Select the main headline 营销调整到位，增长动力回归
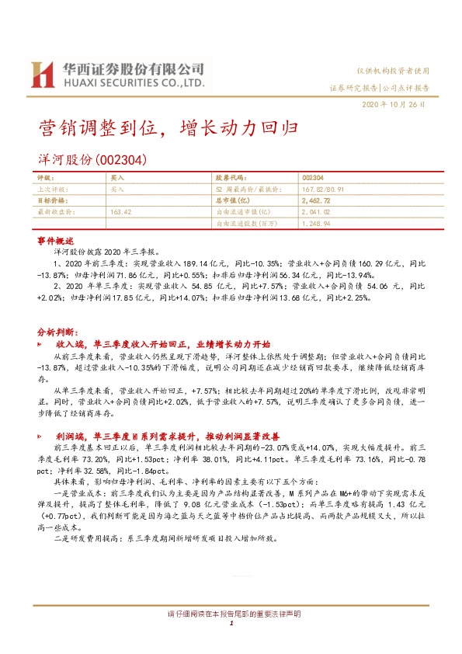pyautogui.click(x=168, y=126)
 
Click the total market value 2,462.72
pyautogui.click(x=315, y=200)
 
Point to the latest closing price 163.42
pyautogui.click(x=122, y=211)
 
